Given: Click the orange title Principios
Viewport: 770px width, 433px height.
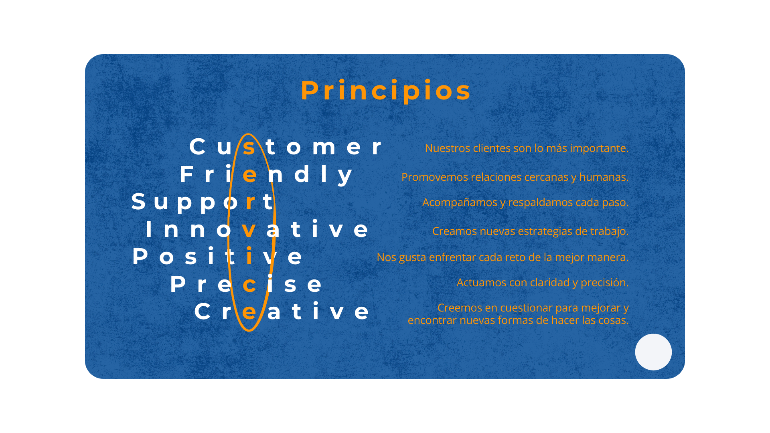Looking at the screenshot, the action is pyautogui.click(x=386, y=90).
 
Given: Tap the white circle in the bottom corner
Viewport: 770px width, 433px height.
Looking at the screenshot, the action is pyautogui.click(x=653, y=352).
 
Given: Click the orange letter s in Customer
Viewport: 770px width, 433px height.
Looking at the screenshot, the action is pyautogui.click(x=249, y=147).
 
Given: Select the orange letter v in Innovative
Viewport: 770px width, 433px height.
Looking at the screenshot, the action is pyautogui.click(x=249, y=230).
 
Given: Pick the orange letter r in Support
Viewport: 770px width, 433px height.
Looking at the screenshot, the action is pyautogui.click(x=251, y=202).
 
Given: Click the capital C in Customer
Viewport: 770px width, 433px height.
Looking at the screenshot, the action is pyautogui.click(x=197, y=146).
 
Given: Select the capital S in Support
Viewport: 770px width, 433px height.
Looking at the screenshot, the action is pyautogui.click(x=138, y=201).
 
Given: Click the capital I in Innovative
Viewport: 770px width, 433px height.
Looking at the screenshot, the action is pyautogui.click(x=149, y=229).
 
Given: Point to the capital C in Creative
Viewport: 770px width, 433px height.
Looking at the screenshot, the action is pyautogui.click(x=203, y=312).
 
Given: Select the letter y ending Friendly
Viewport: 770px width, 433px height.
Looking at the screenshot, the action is pyautogui.click(x=345, y=176).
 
